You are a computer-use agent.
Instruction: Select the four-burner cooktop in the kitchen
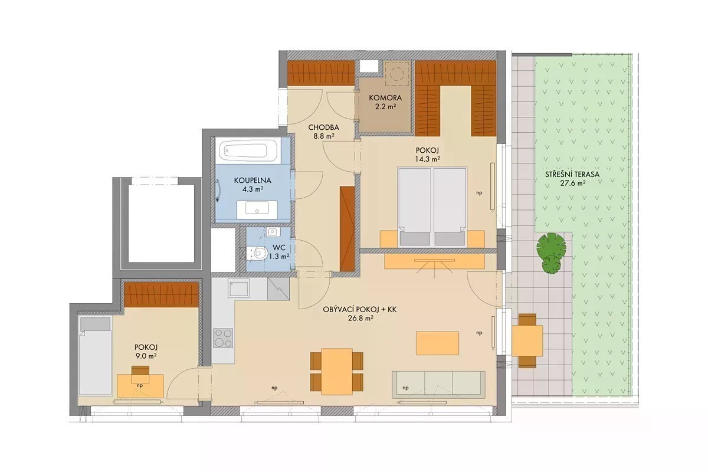point(223,338)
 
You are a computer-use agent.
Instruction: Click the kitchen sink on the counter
point(239,288)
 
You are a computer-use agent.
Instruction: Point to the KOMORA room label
point(385,98)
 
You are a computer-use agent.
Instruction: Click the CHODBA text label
point(324,127)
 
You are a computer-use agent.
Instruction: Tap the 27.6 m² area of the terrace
point(572,183)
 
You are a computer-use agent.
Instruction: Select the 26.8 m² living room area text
point(360,318)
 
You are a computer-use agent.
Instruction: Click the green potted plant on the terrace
point(551,253)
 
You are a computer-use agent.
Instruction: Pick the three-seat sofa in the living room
point(439,385)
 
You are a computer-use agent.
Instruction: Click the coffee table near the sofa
point(437,343)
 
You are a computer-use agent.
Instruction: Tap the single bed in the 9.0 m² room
point(95,356)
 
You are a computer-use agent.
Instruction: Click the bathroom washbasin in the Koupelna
point(257,209)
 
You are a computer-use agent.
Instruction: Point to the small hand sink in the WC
point(272,232)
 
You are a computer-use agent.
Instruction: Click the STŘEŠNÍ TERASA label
point(572,174)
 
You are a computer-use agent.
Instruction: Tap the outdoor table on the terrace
point(527,341)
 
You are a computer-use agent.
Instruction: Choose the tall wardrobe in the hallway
point(347,229)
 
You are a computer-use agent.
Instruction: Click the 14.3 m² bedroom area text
point(428,159)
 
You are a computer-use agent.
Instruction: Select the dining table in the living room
point(337,371)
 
